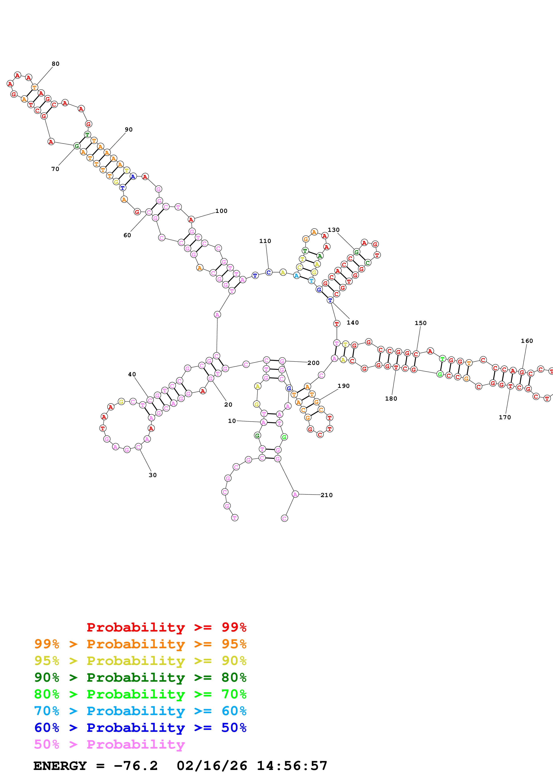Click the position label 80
[56, 64]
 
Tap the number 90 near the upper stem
[128, 130]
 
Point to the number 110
[265, 241]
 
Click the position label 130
[333, 230]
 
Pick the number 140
[353, 323]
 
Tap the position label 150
[420, 323]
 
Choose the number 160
[527, 341]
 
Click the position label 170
[505, 417]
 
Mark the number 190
[344, 386]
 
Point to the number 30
[153, 475]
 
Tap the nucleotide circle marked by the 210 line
[295, 494]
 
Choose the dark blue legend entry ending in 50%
[140, 728]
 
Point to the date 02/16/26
[212, 766]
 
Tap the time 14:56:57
[292, 766]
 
